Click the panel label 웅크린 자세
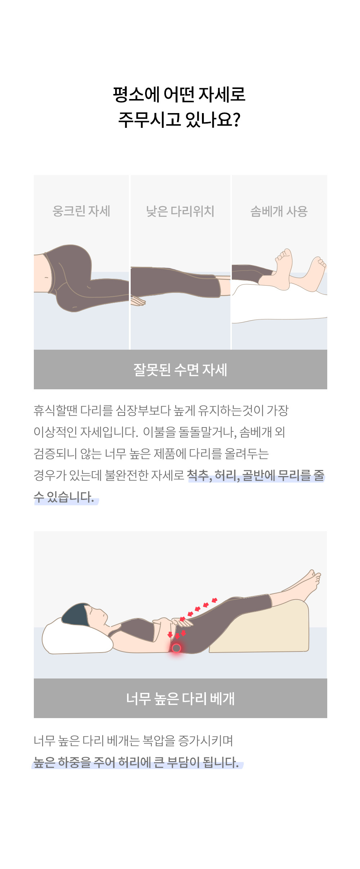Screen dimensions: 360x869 coord(81,211)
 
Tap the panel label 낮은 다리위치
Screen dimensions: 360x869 coord(180,211)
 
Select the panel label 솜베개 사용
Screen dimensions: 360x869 coord(279,211)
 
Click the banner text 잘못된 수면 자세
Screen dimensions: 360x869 coord(180,370)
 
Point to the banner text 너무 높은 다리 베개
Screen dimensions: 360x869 coord(180,699)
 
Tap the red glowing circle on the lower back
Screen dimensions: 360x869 coord(176,648)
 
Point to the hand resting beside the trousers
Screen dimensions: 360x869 coord(138,301)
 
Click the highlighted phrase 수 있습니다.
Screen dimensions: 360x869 coord(64,497)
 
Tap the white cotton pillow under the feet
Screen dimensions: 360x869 coord(279,303)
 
